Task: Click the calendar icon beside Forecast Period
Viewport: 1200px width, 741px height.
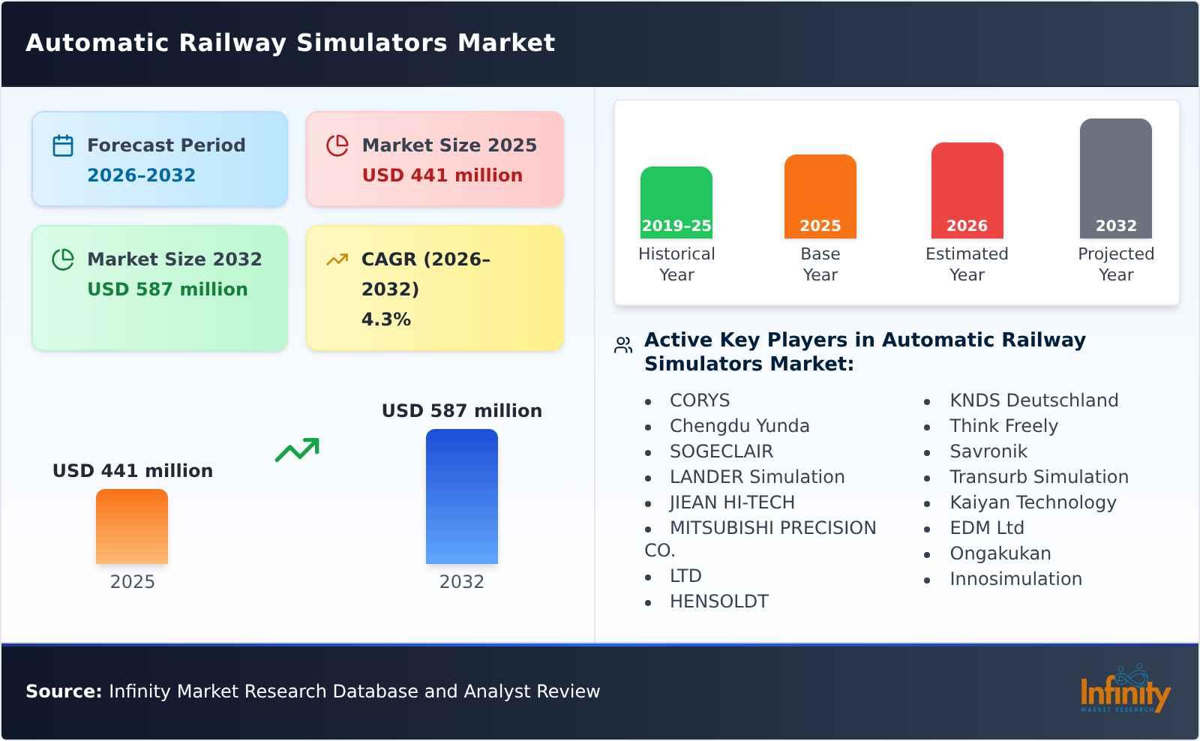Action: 63,145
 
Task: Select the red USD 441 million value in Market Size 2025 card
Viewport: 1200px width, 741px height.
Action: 442,175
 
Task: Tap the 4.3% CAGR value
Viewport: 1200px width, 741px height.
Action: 385,319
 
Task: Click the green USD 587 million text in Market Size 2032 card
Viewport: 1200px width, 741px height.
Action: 167,289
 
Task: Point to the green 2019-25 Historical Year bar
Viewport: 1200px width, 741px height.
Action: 676,202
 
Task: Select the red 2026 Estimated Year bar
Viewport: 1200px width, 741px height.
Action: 967,190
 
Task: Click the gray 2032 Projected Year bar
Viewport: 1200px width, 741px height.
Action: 1115,178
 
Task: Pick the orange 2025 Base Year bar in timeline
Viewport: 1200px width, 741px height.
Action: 820,196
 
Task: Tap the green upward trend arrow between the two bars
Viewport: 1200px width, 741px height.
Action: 297,450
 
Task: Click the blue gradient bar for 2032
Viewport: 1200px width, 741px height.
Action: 461,496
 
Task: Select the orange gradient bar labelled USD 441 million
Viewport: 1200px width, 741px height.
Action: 132,526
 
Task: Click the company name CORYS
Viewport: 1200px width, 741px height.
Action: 699,400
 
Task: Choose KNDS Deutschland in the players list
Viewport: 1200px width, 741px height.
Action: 1033,400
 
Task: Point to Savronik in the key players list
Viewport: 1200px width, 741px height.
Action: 988,451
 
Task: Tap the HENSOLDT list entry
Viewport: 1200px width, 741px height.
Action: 718,601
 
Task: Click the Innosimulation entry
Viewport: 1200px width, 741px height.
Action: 1015,579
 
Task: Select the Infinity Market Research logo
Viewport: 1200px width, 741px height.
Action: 1124,691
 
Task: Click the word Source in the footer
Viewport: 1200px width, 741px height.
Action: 63,691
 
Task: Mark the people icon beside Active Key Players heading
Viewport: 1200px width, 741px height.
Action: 623,346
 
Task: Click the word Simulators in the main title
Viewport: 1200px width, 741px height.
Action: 372,43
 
